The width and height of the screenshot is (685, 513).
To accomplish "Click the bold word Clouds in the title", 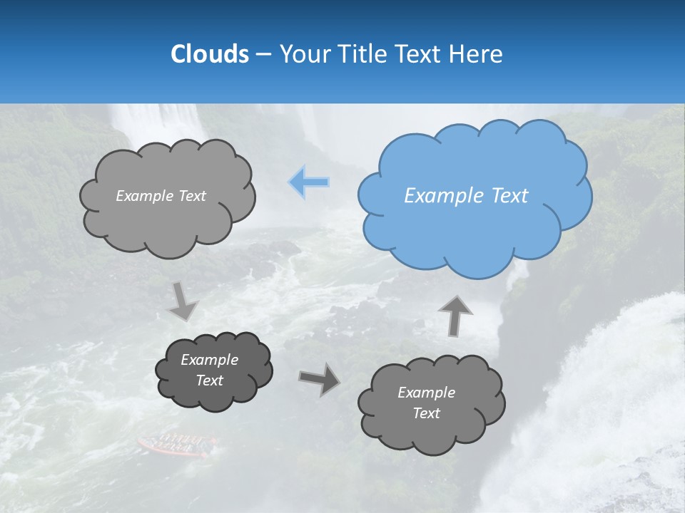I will pos(209,53).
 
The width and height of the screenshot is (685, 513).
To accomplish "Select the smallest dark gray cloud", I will pos(214,370).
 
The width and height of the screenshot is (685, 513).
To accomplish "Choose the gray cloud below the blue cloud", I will pos(432,403).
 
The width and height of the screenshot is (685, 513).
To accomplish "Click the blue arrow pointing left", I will pos(309,182).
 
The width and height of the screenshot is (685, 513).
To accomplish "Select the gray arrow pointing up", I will pos(455,315).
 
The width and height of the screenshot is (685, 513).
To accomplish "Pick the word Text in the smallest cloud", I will pos(210,380).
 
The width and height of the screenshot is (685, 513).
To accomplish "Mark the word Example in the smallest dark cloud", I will pos(210,360).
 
